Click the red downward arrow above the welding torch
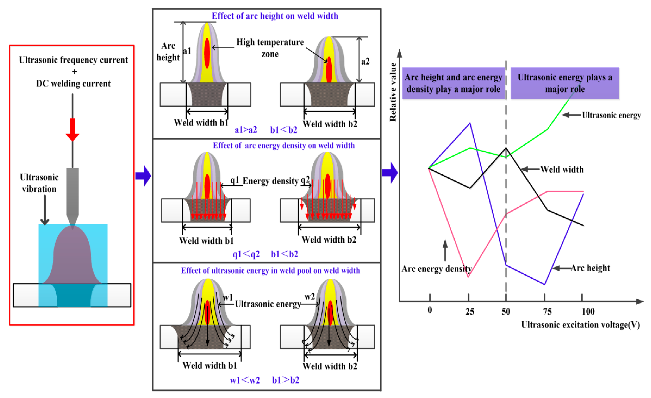[x=72, y=129]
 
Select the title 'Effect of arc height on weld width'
[x=275, y=16]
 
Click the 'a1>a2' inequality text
[x=246, y=130]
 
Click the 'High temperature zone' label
[x=270, y=48]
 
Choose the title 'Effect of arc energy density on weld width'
[x=284, y=145]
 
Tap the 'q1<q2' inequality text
[x=246, y=254]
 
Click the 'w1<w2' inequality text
[x=245, y=380]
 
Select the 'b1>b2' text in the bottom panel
[x=286, y=380]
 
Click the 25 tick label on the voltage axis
[x=470, y=312]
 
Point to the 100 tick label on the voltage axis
[x=588, y=312]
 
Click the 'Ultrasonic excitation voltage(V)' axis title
[x=580, y=325]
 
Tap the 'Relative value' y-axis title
[x=393, y=92]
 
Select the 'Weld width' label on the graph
[x=562, y=169]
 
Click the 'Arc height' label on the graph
[x=590, y=268]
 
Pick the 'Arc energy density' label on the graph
[x=437, y=269]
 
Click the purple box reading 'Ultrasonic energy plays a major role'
[x=565, y=83]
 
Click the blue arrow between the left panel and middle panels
[x=143, y=176]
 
